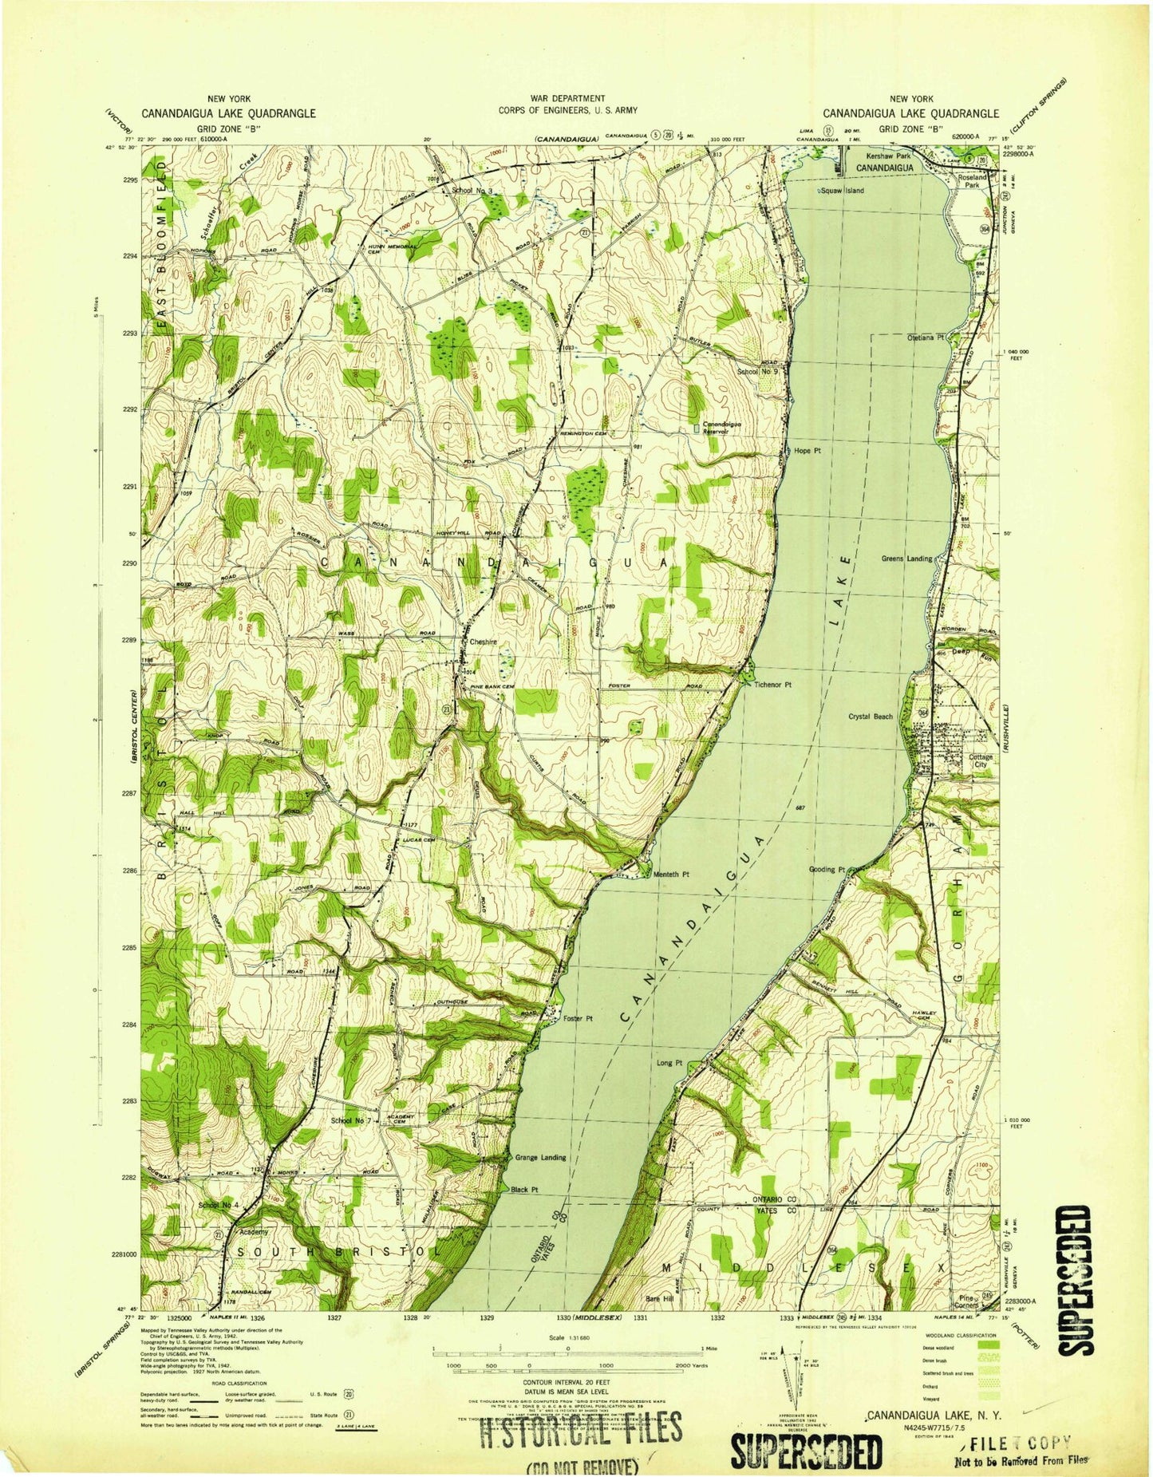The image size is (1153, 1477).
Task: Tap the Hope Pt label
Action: pos(807,451)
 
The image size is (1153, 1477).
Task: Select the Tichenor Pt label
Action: pos(772,685)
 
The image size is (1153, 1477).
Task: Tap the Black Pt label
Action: pos(524,1190)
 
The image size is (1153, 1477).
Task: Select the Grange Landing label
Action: pos(540,1157)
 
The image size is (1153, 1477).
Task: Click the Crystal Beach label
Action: pos(871,717)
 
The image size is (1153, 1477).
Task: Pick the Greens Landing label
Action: pos(906,559)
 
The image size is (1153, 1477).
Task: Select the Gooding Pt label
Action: pos(827,869)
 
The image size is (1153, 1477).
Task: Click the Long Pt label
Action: pos(669,1063)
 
